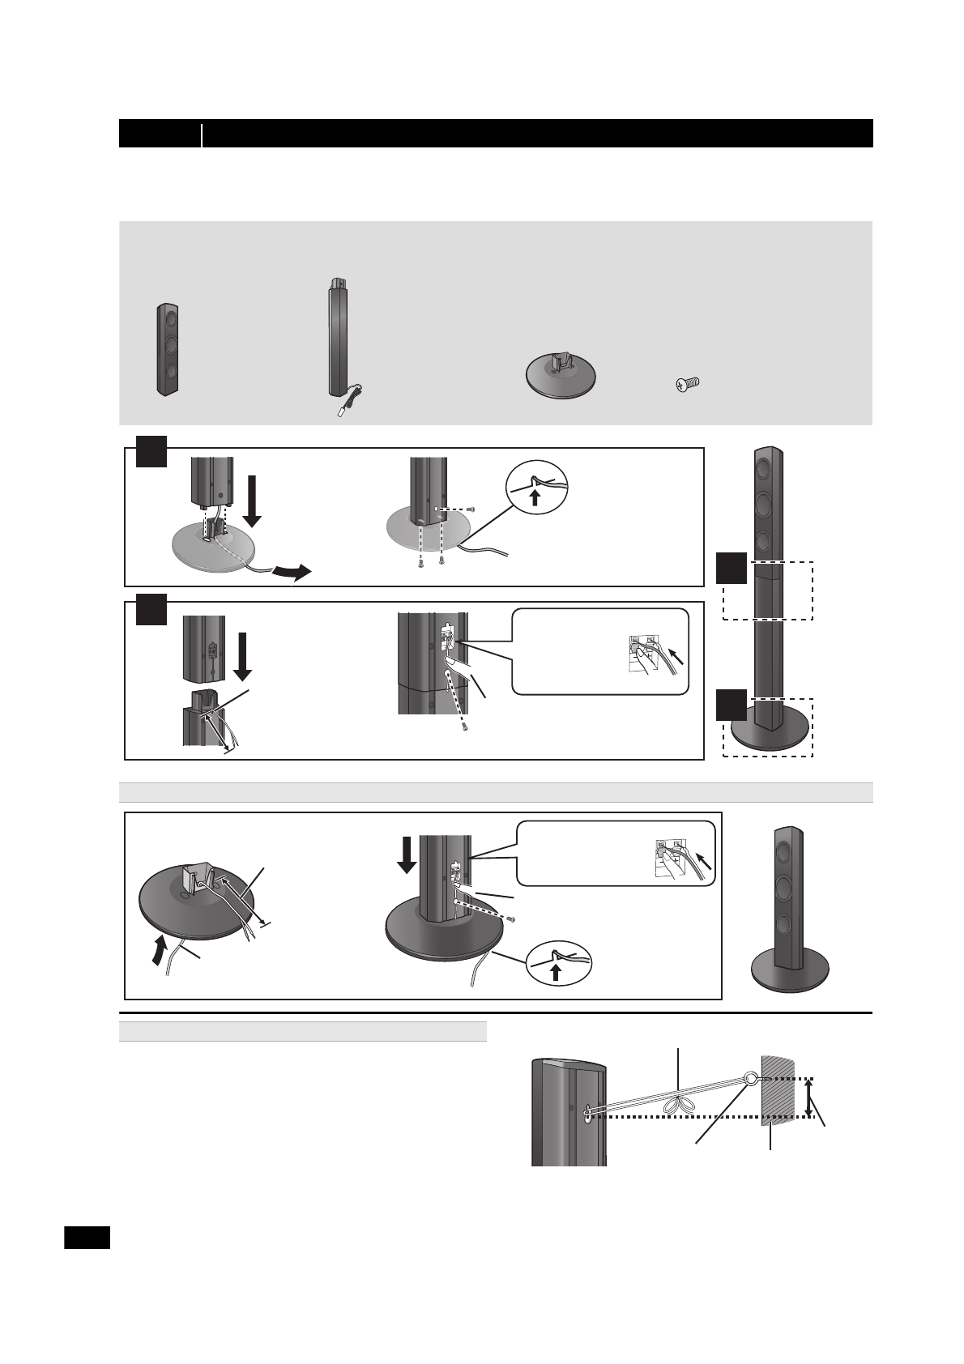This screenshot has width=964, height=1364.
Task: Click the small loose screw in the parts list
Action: (688, 383)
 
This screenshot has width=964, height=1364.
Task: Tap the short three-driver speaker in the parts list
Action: (168, 349)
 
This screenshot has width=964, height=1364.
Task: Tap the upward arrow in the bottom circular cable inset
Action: (555, 970)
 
